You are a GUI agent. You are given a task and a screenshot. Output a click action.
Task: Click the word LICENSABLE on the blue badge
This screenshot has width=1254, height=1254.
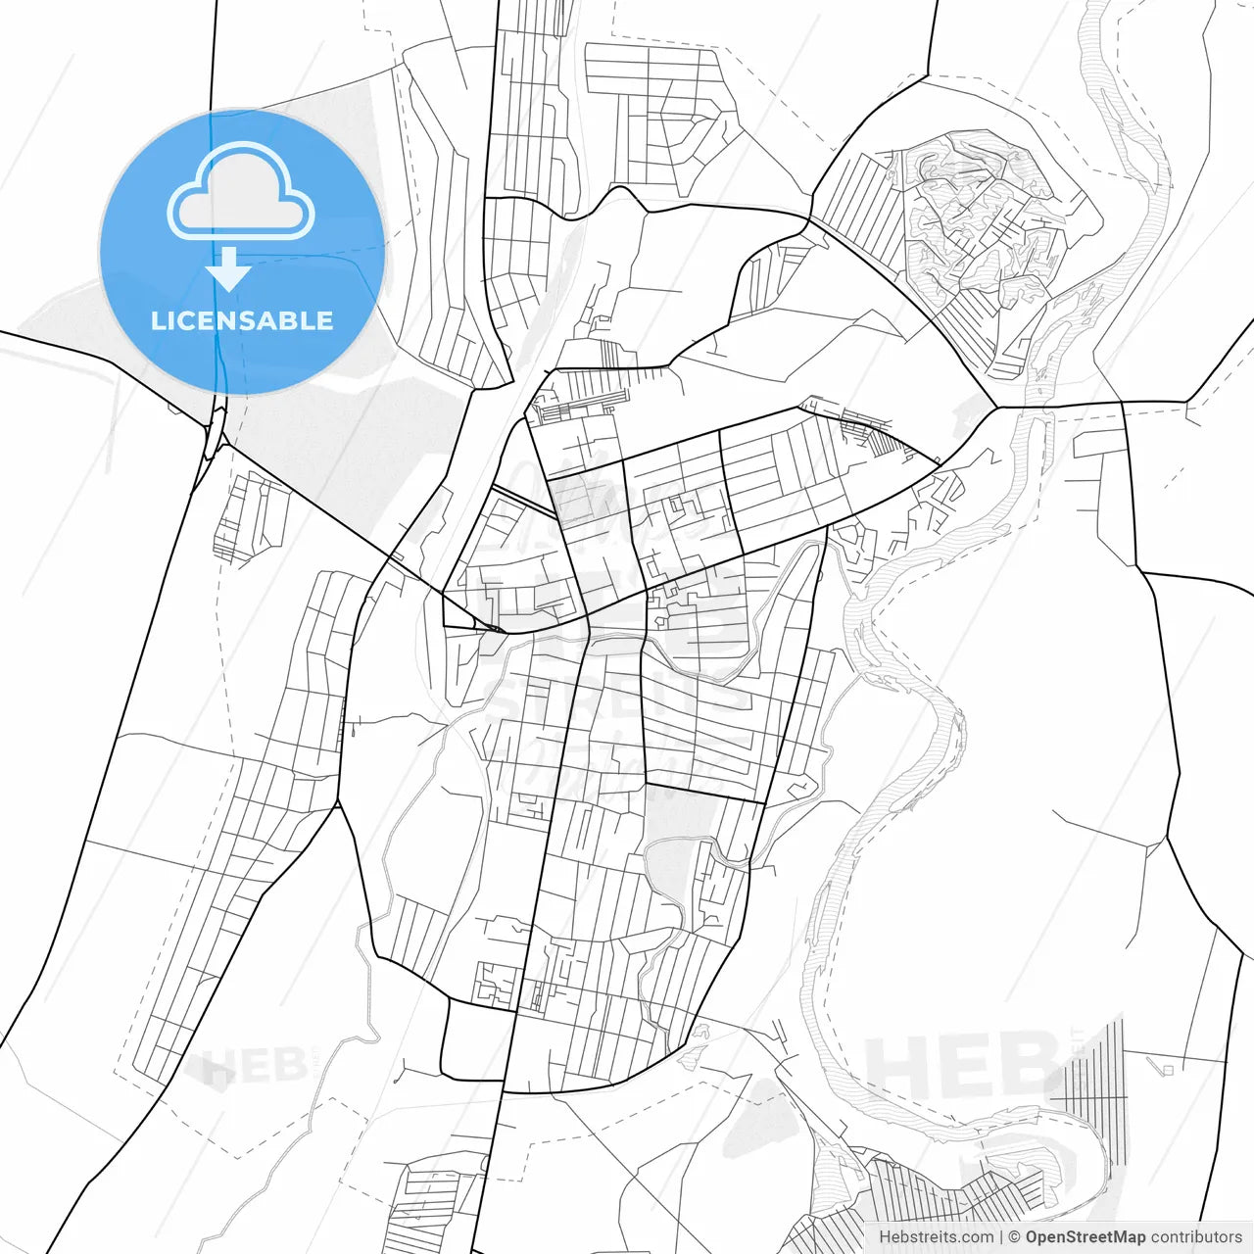coord(241,320)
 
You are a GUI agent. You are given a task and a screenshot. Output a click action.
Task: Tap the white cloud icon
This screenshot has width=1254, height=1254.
coord(241,194)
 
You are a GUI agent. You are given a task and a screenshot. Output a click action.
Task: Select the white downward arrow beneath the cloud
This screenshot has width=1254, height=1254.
coord(228,270)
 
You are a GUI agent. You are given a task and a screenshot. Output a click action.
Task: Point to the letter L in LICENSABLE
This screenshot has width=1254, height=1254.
coord(157,320)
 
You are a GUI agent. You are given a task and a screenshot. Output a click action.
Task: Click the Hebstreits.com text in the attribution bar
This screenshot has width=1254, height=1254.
coord(936,1237)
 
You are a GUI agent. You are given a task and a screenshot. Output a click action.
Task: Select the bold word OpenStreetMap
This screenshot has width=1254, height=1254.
coord(1085,1237)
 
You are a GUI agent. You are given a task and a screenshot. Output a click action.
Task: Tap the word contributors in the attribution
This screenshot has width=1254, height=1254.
coord(1195,1237)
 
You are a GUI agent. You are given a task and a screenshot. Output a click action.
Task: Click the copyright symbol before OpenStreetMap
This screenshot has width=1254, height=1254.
coord(1015,1237)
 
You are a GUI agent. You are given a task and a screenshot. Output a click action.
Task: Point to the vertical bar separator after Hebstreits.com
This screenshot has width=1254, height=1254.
coord(1000,1237)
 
